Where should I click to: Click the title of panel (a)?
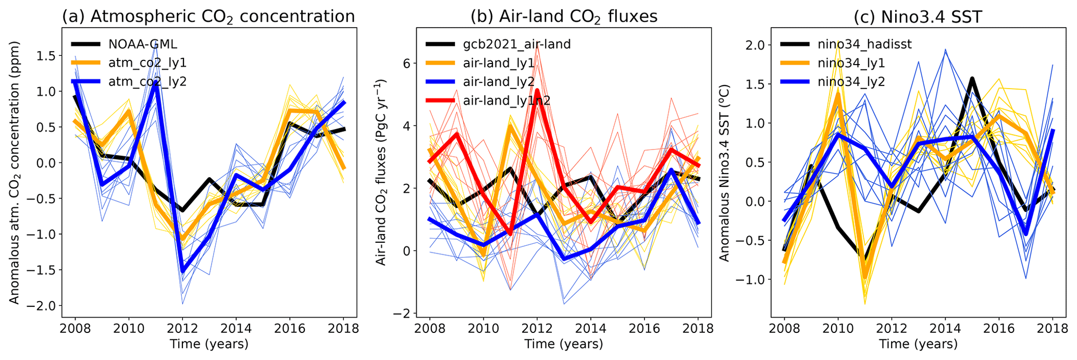coord(208,16)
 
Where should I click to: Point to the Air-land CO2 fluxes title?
coord(564,16)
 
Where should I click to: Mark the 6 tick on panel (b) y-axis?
coord(409,63)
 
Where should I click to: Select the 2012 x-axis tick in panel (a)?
coord(182,329)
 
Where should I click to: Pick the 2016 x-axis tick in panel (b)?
coord(645,329)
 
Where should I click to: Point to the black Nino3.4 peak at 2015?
coord(972,79)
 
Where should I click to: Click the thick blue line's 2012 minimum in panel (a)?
coord(182,271)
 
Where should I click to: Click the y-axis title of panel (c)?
coord(725,172)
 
